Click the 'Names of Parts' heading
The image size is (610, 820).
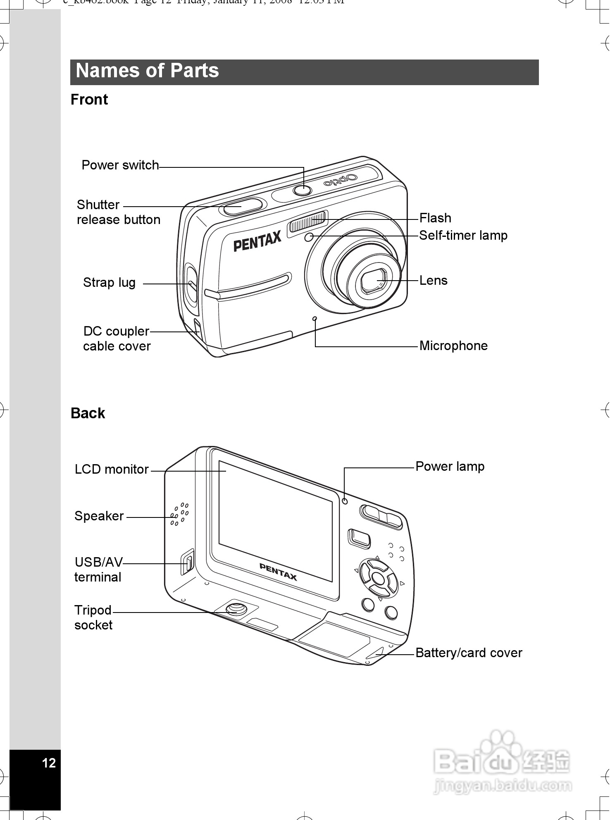click(147, 71)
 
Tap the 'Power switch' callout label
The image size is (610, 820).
click(120, 165)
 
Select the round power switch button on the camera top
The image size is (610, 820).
click(303, 190)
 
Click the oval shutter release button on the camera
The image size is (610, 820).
click(243, 206)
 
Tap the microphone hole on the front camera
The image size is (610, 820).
click(315, 319)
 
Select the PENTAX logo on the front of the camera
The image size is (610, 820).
click(257, 241)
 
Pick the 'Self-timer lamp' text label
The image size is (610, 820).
click(463, 236)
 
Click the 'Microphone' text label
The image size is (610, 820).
click(453, 346)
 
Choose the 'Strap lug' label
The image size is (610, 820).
click(109, 283)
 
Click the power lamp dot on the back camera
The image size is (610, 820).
click(345, 501)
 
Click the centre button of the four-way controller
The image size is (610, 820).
click(378, 577)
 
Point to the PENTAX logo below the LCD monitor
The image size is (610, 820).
click(278, 572)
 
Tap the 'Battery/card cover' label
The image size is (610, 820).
click(469, 653)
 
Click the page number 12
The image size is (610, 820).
click(49, 763)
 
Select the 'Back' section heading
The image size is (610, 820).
click(88, 413)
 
